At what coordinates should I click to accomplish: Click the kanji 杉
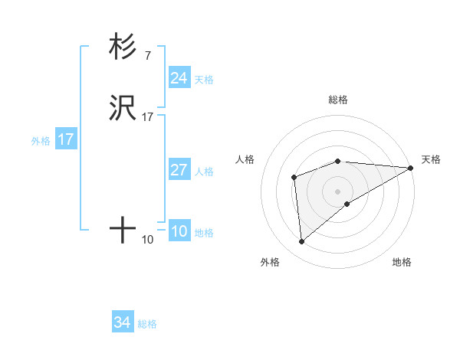123,47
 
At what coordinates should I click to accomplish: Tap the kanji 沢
123,107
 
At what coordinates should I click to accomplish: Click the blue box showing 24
179,78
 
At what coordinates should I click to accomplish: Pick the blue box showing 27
179,170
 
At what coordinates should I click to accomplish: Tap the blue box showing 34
122,322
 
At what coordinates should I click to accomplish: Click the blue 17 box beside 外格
65,139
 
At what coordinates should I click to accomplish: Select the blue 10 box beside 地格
179,232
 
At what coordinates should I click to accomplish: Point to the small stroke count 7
147,55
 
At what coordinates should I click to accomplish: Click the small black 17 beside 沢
148,116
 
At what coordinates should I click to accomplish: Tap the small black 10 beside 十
148,239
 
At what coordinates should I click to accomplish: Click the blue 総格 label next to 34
147,324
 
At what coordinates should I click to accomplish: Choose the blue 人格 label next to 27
204,172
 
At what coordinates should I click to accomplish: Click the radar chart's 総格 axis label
338,100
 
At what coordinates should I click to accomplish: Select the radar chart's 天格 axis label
431,159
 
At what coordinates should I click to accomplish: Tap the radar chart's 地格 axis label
402,262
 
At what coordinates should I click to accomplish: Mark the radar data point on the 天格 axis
412,167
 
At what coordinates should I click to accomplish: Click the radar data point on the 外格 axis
302,242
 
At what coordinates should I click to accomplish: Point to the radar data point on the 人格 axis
294,178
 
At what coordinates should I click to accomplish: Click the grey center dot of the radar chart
338,191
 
